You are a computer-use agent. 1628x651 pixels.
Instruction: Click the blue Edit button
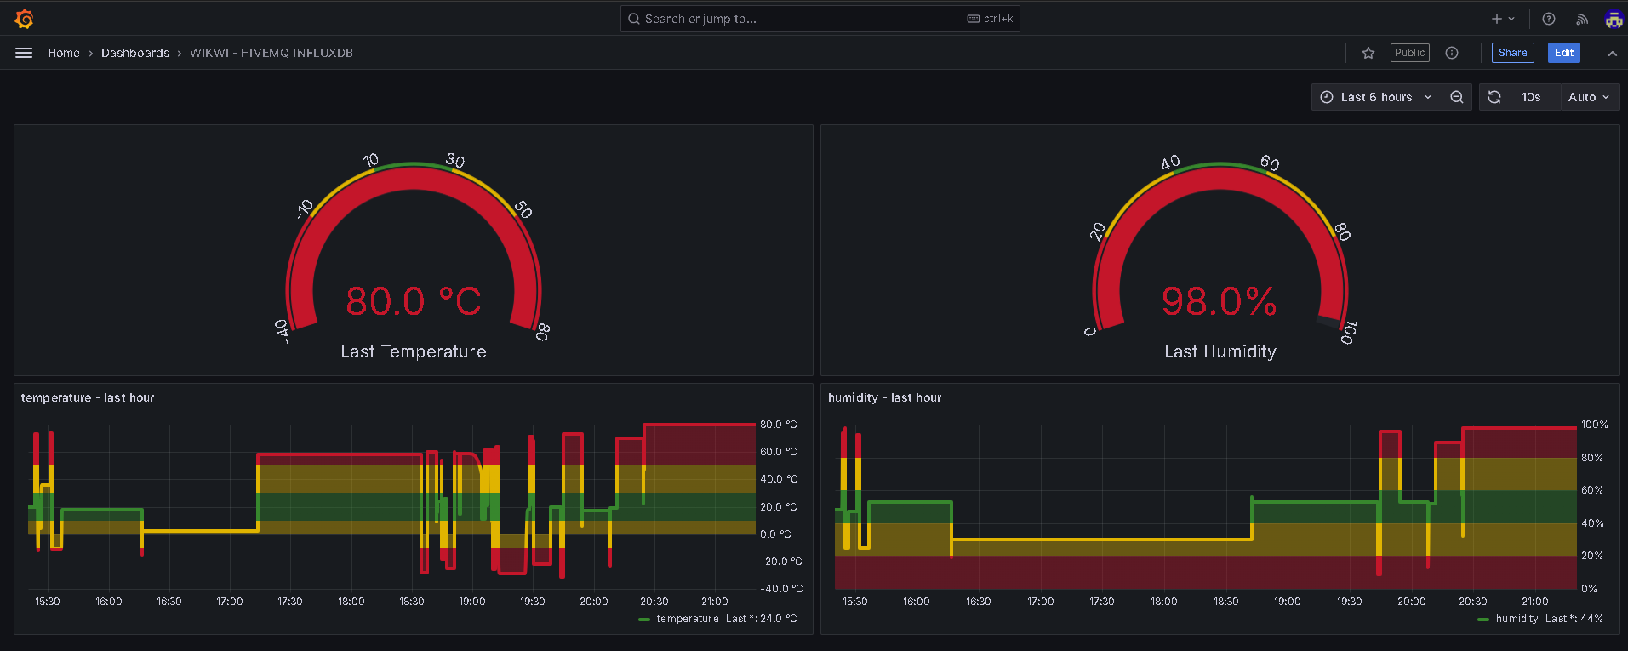(1563, 53)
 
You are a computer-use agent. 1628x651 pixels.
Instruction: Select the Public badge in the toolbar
(1409, 53)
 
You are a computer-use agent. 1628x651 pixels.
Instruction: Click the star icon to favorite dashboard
(1368, 53)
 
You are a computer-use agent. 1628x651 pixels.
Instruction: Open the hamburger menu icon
(24, 53)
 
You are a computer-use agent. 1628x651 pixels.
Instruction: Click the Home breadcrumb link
(64, 53)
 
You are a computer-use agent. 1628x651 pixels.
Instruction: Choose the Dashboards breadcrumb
(135, 53)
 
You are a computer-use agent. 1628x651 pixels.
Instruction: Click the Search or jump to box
(820, 19)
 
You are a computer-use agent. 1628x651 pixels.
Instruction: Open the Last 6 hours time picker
(1375, 97)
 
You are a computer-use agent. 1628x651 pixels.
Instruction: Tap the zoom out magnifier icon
(1457, 97)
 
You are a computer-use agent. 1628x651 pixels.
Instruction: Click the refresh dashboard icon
(1494, 97)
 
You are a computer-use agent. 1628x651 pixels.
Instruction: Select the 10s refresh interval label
(1531, 97)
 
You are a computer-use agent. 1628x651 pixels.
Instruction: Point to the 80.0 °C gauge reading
(414, 301)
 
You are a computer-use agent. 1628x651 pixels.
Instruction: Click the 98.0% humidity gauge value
(1220, 301)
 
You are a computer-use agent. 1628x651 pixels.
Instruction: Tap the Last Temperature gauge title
(414, 351)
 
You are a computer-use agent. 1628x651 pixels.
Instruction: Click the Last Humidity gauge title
(1220, 351)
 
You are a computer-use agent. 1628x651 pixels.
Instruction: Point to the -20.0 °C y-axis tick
(780, 562)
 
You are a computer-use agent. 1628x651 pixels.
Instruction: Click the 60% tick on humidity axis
(1592, 490)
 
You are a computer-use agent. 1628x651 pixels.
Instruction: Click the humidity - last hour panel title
(884, 397)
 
